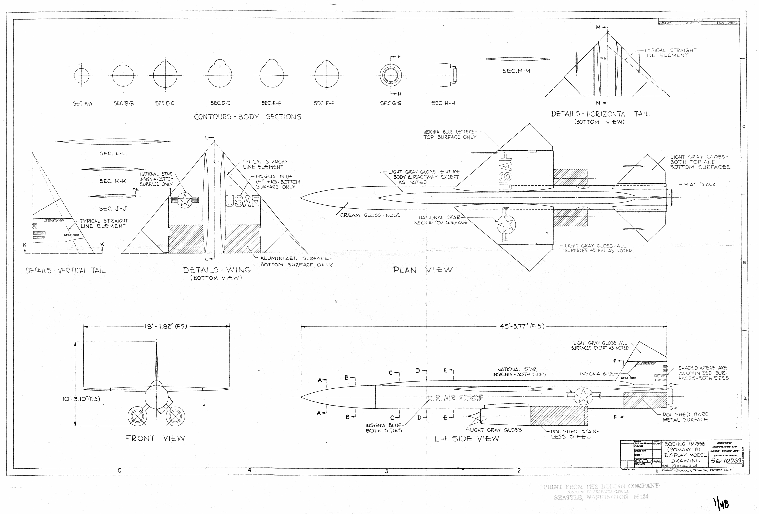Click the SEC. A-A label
[83, 104]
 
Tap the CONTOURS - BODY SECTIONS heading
[248, 117]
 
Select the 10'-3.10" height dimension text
[81, 399]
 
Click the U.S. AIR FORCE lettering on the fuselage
[455, 398]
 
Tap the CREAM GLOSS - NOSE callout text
[370, 215]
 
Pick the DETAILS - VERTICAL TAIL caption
[65, 271]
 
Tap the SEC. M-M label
[516, 71]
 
